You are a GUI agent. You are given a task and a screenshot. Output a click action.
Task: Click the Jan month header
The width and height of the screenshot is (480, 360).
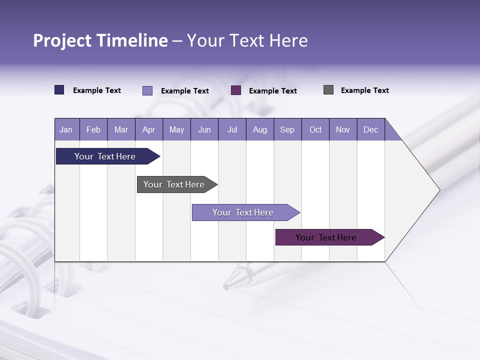pos(66,129)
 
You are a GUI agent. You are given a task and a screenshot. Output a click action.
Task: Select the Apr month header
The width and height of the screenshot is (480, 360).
pos(149,129)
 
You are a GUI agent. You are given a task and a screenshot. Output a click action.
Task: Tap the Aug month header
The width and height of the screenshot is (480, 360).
pos(259,129)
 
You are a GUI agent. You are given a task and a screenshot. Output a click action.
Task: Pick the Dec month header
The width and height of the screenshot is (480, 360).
pos(370,129)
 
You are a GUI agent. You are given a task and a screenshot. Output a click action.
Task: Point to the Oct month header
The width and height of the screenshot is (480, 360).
pos(315,129)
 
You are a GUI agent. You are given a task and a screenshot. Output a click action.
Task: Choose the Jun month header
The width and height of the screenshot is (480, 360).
pos(204,129)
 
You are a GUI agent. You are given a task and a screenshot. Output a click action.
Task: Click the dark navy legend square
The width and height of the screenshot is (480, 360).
pos(59,90)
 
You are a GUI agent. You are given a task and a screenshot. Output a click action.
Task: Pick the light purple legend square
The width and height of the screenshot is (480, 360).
pos(147,90)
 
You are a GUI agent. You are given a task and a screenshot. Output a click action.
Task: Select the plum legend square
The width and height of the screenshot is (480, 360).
pos(236,90)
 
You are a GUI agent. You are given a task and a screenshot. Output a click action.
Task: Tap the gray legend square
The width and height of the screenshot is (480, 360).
pos(328,90)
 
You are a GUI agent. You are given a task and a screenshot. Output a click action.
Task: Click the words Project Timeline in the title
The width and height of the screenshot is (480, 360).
pos(100,40)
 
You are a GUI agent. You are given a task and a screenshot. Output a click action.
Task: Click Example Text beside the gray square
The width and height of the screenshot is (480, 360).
pos(364,90)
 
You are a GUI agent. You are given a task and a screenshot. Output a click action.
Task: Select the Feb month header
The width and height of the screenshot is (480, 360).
pos(93,129)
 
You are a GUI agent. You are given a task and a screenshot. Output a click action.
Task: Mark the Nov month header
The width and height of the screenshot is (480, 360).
pos(343,129)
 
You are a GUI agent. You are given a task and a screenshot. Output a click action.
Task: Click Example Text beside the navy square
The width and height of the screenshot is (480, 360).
pos(97,90)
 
